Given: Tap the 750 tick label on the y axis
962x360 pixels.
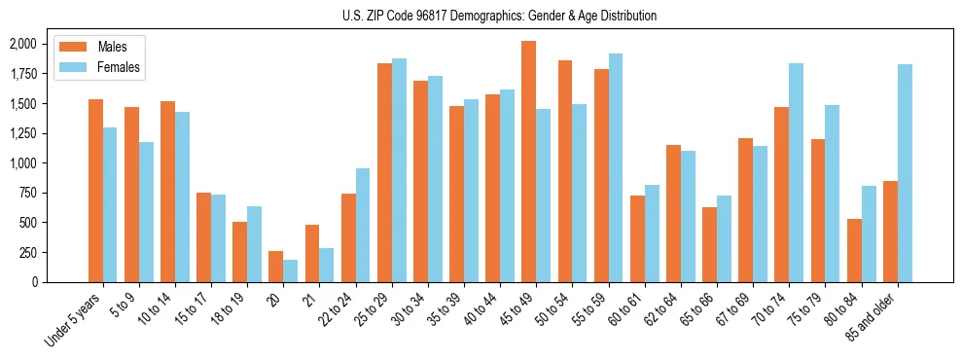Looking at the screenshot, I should (26, 193).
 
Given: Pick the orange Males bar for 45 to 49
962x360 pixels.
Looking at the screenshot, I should (528, 162).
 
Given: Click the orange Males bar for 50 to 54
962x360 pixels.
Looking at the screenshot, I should (565, 171).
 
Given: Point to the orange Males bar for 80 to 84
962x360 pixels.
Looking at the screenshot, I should (854, 250).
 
